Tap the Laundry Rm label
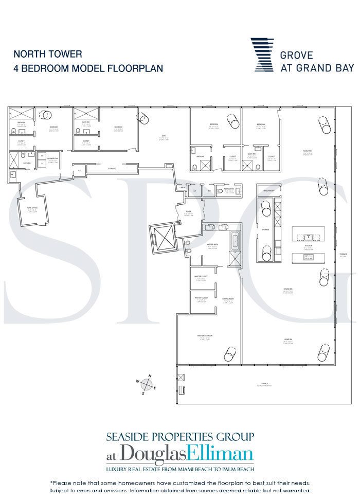52,159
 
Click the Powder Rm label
229,189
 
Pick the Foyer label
189,211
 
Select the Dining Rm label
287,289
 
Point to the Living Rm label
287,340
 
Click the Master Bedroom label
205,336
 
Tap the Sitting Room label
228,298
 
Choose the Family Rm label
308,151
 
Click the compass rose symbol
147,385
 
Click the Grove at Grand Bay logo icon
262,55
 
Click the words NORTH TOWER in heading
48,53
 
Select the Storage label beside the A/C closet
112,168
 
